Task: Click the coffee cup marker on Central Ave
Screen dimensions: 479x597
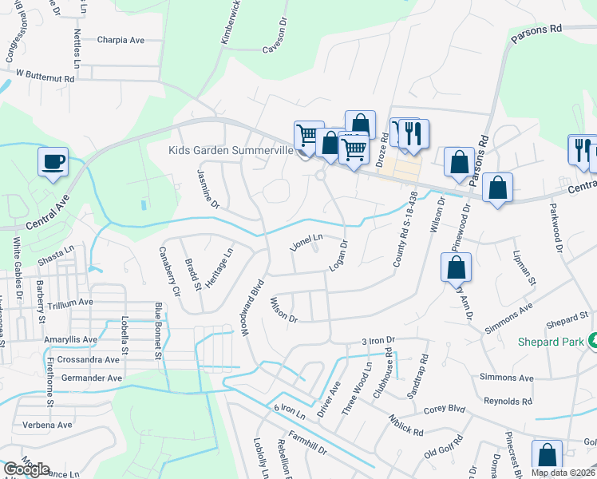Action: [x=53, y=162]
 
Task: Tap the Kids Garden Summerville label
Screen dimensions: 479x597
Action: [x=229, y=150]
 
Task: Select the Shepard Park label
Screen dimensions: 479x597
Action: [x=555, y=342]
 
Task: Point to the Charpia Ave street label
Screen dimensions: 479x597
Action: [x=121, y=39]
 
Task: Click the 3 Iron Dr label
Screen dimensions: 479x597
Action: [x=378, y=340]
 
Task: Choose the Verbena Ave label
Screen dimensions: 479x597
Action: [x=47, y=425]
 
